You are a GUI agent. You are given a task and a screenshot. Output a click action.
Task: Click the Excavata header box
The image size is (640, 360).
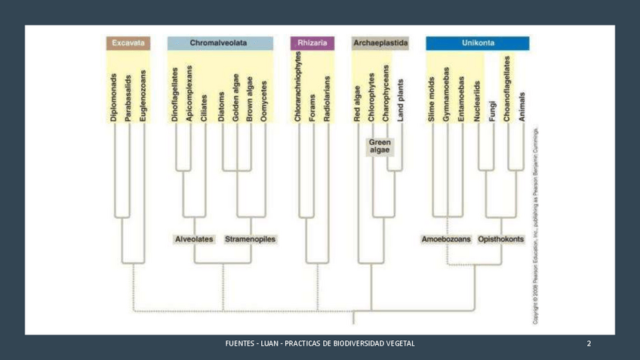tap(128, 43)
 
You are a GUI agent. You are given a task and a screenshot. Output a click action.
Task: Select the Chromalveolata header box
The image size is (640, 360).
tap(220, 43)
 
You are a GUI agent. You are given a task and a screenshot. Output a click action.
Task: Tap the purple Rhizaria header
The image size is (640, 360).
tap(312, 43)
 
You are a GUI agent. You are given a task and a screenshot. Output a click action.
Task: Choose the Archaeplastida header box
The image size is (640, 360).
tap(380, 43)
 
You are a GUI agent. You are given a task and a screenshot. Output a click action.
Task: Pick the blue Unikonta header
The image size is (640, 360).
tap(478, 43)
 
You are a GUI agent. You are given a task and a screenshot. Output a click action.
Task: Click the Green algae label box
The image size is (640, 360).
tap(380, 146)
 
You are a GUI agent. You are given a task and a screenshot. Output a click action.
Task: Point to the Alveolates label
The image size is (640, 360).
tap(194, 239)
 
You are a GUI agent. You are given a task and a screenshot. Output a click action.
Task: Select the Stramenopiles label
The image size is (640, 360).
tap(251, 239)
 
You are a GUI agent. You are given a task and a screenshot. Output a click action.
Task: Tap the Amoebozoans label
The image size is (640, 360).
tap(446, 239)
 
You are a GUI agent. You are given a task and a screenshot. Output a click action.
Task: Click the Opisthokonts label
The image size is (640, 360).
tap(500, 239)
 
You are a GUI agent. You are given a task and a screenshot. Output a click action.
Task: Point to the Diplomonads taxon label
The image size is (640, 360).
tap(114, 98)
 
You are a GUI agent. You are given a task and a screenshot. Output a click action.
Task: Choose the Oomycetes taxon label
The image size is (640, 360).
tap(264, 101)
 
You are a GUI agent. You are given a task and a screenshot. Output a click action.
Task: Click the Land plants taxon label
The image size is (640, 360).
tap(401, 101)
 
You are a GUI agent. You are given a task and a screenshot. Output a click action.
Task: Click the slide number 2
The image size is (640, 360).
tap(589, 344)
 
